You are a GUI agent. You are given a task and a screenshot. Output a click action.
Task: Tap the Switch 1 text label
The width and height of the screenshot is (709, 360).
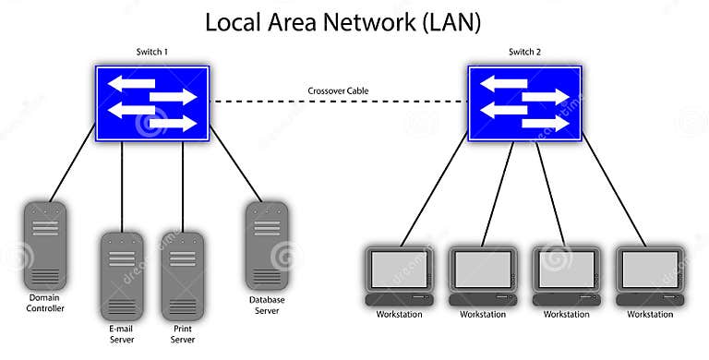[x=152, y=53]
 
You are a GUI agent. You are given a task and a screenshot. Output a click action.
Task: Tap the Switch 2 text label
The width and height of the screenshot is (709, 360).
[x=525, y=53]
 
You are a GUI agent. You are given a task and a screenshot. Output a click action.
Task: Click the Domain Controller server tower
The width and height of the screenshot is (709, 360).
[x=44, y=246]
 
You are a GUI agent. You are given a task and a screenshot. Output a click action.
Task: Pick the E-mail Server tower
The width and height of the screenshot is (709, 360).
[x=121, y=275]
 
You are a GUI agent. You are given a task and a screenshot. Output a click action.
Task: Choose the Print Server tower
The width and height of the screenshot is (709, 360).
[x=183, y=275]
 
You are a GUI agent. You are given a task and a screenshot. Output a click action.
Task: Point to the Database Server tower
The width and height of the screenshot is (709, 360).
[x=265, y=246]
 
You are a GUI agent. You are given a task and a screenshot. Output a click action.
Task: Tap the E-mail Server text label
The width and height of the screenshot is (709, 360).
[x=121, y=333]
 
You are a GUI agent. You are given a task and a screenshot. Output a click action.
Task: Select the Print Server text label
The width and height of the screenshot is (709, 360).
[x=183, y=333]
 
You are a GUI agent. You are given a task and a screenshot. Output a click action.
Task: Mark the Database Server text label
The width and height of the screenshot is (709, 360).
[x=265, y=306]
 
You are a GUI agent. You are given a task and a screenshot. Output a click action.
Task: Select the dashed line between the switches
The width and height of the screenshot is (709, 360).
[x=277, y=102]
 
